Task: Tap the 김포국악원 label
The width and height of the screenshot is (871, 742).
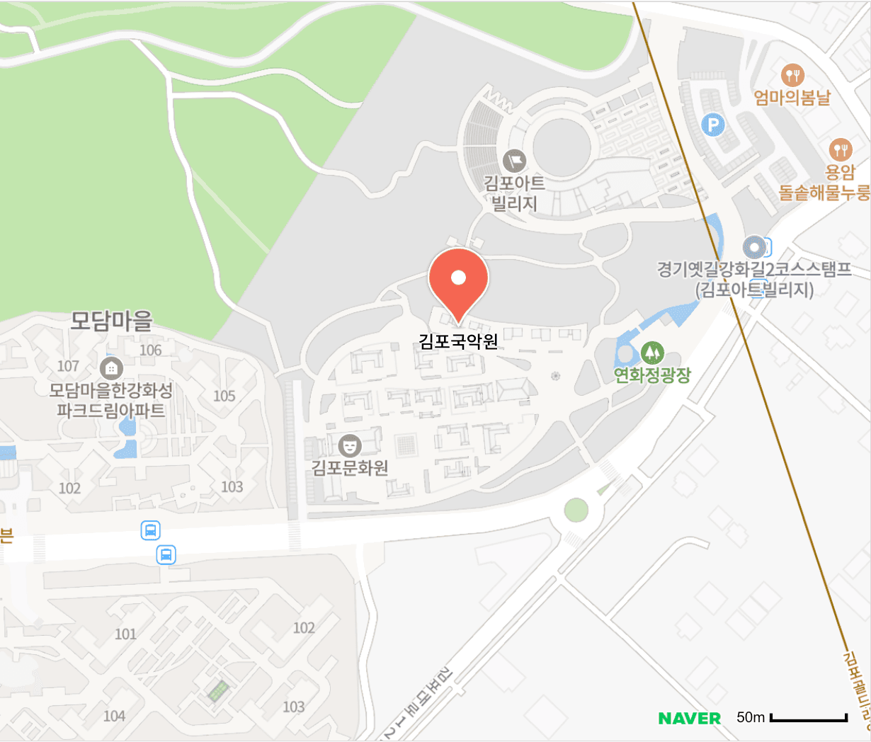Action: [458, 341]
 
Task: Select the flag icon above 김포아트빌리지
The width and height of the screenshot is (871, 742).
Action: [515, 161]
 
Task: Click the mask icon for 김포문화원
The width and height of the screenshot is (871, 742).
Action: [349, 445]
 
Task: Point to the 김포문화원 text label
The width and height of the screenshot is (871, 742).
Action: [350, 468]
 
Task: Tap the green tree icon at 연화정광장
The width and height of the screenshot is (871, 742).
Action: [651, 352]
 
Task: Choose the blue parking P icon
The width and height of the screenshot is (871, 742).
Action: [713, 126]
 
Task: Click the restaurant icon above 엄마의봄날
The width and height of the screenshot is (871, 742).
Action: [792, 74]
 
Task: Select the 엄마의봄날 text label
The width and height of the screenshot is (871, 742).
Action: [792, 97]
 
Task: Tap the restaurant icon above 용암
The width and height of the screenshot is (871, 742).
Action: [841, 149]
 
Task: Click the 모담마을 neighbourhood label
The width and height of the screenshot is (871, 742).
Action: [111, 321]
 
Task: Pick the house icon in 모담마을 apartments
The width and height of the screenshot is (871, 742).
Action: [111, 368]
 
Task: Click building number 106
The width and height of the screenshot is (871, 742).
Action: [151, 350]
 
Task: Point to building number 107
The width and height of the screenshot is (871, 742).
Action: [68, 366]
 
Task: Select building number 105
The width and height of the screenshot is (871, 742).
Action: [224, 396]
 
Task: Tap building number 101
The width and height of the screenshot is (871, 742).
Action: [125, 634]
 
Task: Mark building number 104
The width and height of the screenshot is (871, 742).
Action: [114, 716]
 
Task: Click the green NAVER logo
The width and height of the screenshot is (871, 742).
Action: [689, 719]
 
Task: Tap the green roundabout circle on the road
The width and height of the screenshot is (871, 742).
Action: [576, 509]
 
